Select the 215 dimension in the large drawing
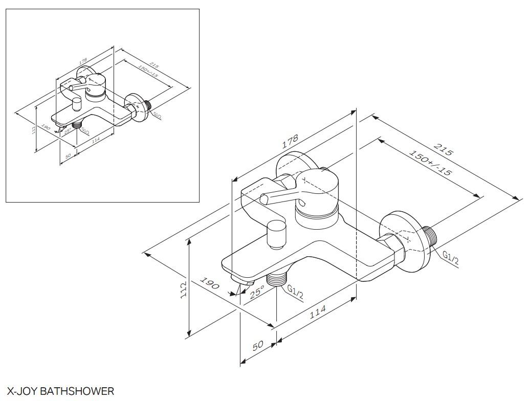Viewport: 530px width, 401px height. click(443, 150)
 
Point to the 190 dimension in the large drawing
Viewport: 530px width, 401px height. click(209, 283)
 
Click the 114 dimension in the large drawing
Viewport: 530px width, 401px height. click(317, 313)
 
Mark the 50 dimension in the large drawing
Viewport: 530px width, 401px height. click(258, 345)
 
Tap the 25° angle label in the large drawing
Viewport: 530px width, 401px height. click(257, 292)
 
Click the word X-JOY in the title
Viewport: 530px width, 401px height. click(21, 391)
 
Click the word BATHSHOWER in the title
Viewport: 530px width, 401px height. click(77, 391)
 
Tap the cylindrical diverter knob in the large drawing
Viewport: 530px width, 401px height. click(277, 234)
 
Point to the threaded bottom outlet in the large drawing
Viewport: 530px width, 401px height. click(277, 279)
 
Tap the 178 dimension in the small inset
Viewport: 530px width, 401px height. click(83, 60)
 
